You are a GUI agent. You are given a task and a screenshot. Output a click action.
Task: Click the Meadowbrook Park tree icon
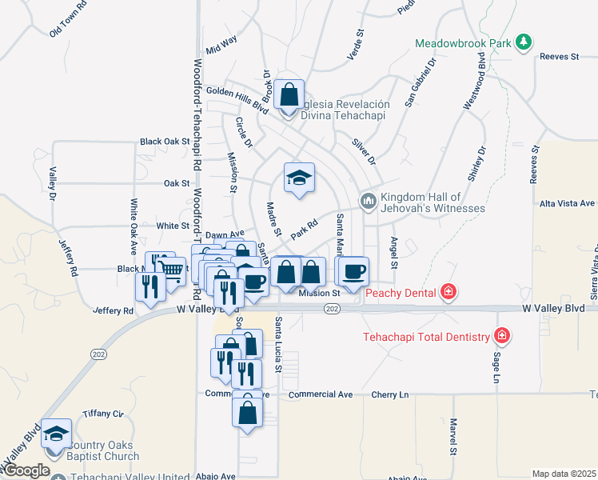524,42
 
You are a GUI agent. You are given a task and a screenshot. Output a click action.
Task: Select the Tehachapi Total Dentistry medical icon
502,336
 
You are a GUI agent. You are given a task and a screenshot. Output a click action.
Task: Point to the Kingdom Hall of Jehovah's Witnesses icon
368,200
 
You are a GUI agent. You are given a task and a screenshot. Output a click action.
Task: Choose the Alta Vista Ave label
568,204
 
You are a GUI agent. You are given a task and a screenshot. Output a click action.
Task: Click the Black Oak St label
164,142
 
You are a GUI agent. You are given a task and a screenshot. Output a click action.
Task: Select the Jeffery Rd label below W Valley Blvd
112,310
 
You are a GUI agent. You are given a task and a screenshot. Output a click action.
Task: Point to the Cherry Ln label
393,395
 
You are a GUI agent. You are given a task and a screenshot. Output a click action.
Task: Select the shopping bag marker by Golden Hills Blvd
289,94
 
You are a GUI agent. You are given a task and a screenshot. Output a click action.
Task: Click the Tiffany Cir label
103,414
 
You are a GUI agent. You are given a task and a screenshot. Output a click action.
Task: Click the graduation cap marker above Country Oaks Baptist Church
56,434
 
